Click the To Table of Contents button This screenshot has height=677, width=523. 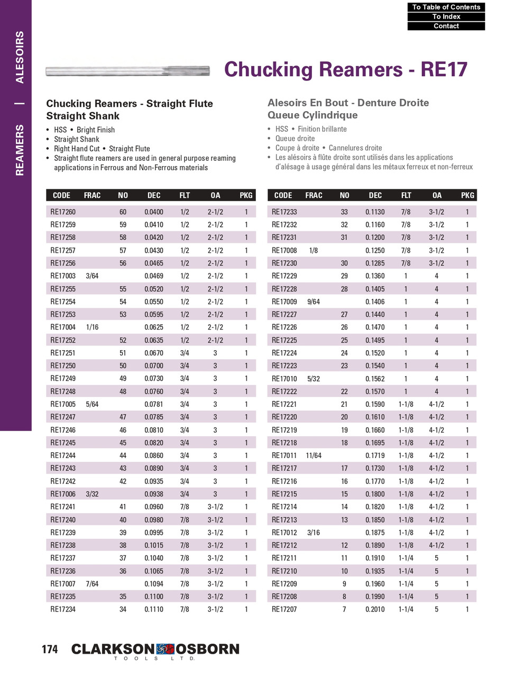pyautogui.click(x=446, y=7)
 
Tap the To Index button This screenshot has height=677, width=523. pyautogui.click(x=446, y=16)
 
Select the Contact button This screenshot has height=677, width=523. pyautogui.click(x=446, y=26)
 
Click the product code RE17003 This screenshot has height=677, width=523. pyautogui.click(x=63, y=276)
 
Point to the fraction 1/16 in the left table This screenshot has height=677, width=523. pyautogui.click(x=92, y=327)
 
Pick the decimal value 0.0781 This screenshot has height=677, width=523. pyautogui.click(x=154, y=404)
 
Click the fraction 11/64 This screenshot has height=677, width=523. pyautogui.click(x=314, y=455)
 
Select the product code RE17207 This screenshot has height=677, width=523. pyautogui.click(x=285, y=609)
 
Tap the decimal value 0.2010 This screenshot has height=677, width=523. pyautogui.click(x=375, y=609)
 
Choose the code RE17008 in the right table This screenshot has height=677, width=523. pyautogui.click(x=285, y=251)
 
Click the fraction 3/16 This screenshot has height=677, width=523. pyautogui.click(x=314, y=533)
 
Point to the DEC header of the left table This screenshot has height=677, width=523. pyautogui.click(x=154, y=195)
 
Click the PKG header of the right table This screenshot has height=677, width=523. pyautogui.click(x=467, y=195)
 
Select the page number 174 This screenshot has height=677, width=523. pyautogui.click(x=50, y=649)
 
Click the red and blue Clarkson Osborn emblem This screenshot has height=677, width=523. pyautogui.click(x=165, y=649)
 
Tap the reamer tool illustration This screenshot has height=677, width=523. pyautogui.click(x=127, y=70)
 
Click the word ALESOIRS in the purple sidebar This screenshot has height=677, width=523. pyautogui.click(x=20, y=57)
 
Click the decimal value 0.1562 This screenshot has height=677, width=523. pyautogui.click(x=375, y=379)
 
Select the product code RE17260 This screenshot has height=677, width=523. pyautogui.click(x=63, y=212)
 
